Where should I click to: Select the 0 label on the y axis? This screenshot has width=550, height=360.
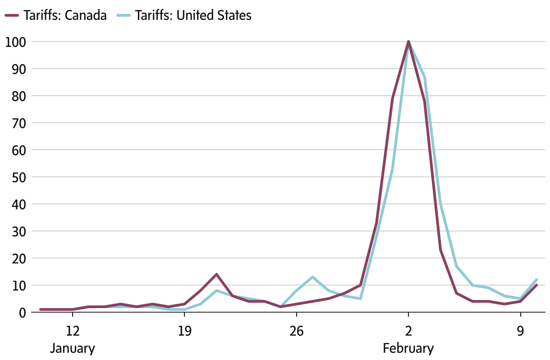(21, 313)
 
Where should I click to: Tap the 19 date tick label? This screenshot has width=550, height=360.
(184, 331)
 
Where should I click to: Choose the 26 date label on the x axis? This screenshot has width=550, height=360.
(296, 331)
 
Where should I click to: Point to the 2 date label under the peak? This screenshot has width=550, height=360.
(408, 331)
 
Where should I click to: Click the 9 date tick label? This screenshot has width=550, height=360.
(521, 331)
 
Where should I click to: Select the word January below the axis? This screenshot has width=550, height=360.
(72, 348)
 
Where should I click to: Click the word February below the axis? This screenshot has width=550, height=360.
(408, 348)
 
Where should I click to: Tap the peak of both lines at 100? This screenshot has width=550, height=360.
(408, 42)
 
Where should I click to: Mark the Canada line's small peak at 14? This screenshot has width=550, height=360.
(216, 274)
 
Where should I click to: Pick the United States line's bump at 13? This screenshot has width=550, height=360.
(312, 277)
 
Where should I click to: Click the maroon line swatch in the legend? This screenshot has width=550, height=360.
(12, 15)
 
